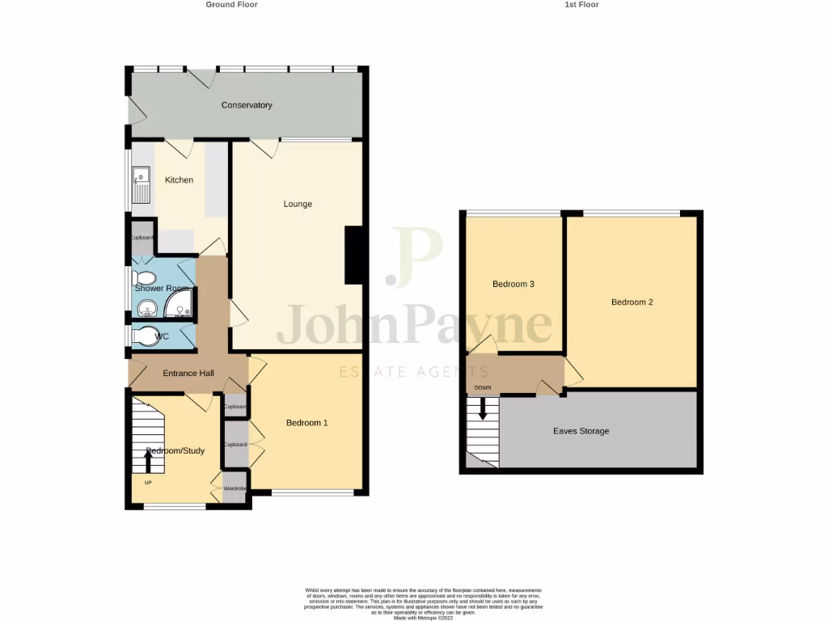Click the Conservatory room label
pyautogui.click(x=247, y=105)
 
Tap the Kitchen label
pyautogui.click(x=179, y=180)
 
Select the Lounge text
pyautogui.click(x=298, y=204)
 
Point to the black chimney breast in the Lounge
pyautogui.click(x=354, y=255)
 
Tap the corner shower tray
pyautogui.click(x=179, y=305)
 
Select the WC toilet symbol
pyautogui.click(x=146, y=336)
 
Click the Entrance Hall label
pyautogui.click(x=188, y=374)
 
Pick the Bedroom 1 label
pyautogui.click(x=307, y=423)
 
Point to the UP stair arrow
pyautogui.click(x=148, y=462)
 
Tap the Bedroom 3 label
pyautogui.click(x=513, y=285)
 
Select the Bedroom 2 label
pyautogui.click(x=632, y=302)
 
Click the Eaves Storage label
pyautogui.click(x=581, y=432)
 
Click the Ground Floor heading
pyautogui.click(x=231, y=5)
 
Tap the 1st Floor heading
pyautogui.click(x=581, y=5)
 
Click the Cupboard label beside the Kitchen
pyautogui.click(x=142, y=238)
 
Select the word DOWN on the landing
pyautogui.click(x=483, y=388)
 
